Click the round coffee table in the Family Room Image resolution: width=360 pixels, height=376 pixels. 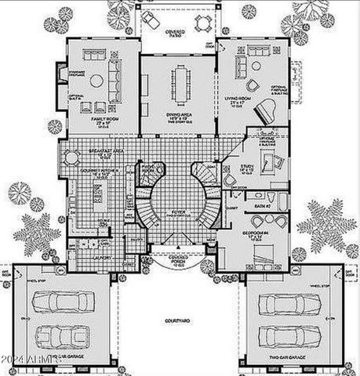pos(96,80)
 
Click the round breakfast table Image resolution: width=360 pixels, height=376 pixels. pos(73,157)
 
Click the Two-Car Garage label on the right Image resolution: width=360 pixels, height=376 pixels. pos(285,358)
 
